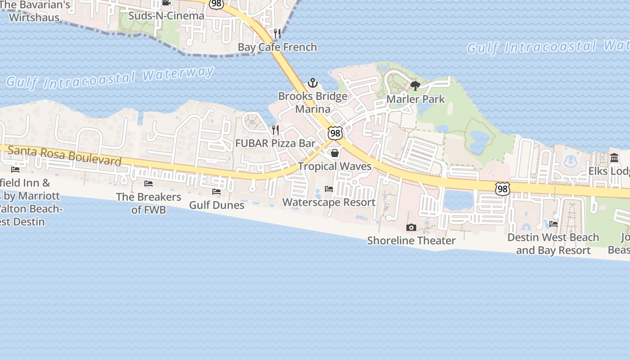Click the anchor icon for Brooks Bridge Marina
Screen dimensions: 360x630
pyautogui.click(x=312, y=83)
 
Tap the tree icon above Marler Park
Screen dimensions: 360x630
pyautogui.click(x=415, y=85)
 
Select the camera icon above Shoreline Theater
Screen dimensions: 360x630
pyautogui.click(x=411, y=228)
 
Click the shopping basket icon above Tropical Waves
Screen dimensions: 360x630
pyautogui.click(x=335, y=153)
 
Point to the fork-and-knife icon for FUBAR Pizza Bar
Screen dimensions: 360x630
pyautogui.click(x=275, y=130)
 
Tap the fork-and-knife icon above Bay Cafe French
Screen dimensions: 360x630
pyautogui.click(x=277, y=34)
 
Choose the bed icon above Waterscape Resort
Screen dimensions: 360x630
pyautogui.click(x=329, y=189)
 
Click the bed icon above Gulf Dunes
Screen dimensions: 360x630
pyautogui.click(x=216, y=192)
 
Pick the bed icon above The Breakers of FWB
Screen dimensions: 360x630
pyautogui.click(x=148, y=184)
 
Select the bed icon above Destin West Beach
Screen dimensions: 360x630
pyautogui.click(x=553, y=224)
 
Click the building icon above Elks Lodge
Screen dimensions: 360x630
pyautogui.click(x=614, y=158)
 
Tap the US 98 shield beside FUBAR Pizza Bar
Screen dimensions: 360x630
pyautogui.click(x=335, y=133)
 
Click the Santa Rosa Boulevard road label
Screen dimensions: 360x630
pyautogui.click(x=65, y=155)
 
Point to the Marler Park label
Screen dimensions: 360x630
pyautogui.click(x=415, y=99)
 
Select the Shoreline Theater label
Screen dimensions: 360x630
pyautogui.click(x=411, y=241)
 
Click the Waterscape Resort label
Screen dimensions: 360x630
pyautogui.click(x=329, y=202)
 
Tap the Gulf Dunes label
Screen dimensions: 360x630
pyautogui.click(x=216, y=205)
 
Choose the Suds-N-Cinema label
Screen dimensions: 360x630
pyautogui.click(x=166, y=16)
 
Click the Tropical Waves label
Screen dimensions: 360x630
pyautogui.click(x=335, y=166)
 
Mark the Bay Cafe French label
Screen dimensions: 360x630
pyautogui.click(x=277, y=47)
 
